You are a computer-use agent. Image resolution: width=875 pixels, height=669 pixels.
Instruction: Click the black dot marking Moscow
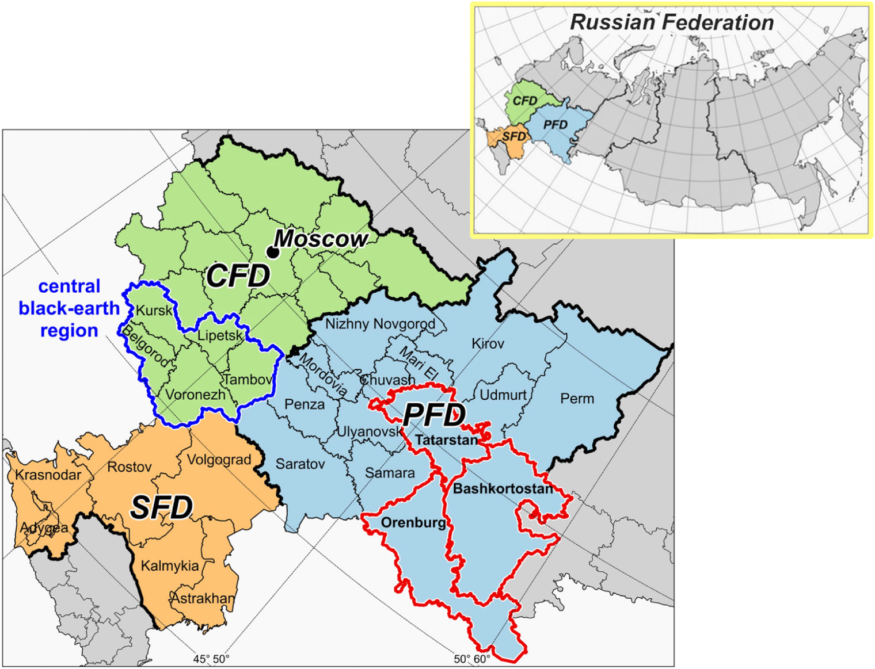[273, 252]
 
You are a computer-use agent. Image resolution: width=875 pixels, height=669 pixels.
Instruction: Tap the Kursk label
[154, 311]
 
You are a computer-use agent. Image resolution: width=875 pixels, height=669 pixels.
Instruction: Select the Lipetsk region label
[219, 335]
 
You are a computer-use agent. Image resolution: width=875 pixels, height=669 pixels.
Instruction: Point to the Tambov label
[248, 380]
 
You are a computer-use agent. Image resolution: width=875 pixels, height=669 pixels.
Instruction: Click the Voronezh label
[195, 395]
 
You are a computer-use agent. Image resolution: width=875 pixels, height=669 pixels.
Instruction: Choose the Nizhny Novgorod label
[380, 324]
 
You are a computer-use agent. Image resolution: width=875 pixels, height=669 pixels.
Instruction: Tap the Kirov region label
[488, 344]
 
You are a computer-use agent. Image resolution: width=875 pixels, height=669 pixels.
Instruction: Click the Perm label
[577, 399]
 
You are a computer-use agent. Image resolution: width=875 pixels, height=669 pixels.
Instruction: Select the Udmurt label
[503, 395]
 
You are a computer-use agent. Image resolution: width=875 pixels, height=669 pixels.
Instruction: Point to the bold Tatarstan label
[446, 441]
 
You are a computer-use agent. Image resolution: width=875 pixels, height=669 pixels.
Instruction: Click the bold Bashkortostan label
[503, 489]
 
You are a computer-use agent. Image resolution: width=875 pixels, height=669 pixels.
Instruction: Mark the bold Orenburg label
[413, 523]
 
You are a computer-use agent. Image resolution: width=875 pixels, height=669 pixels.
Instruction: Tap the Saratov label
[300, 464]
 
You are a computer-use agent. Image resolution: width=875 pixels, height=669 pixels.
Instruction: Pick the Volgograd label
[219, 460]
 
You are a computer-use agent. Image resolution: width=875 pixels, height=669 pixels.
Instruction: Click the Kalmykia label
[170, 566]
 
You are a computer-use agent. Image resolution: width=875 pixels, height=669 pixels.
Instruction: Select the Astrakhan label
[203, 598]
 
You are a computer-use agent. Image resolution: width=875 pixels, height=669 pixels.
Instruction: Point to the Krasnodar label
[48, 475]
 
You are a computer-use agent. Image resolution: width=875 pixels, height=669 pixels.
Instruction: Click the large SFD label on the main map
[161, 508]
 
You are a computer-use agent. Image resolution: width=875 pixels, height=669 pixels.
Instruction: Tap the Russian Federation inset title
[671, 22]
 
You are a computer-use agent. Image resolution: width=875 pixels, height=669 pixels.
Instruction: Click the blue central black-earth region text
[69, 308]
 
